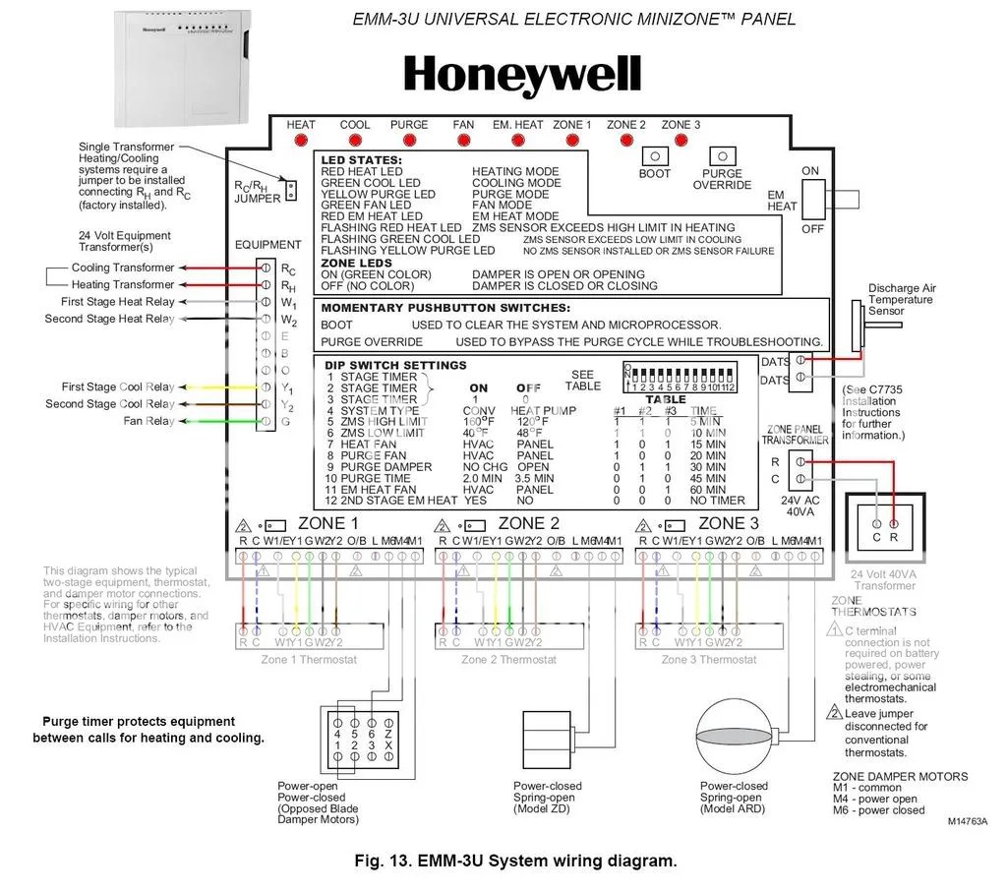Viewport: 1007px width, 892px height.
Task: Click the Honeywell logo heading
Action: pos(522,76)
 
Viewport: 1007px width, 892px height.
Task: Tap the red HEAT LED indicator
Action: pos(301,141)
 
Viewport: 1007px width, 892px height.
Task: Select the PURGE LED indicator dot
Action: pos(409,141)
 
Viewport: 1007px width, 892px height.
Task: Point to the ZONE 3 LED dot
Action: pos(681,141)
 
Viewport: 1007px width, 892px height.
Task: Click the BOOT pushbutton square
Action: pos(655,156)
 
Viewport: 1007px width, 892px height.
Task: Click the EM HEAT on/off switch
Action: pos(812,200)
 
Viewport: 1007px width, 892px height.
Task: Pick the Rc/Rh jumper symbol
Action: pos(289,190)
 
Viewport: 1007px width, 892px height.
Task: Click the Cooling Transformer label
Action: pos(123,268)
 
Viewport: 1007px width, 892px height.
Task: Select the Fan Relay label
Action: pos(148,421)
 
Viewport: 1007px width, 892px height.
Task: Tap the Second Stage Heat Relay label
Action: pos(109,319)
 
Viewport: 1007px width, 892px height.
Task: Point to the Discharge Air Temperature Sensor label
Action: pos(902,299)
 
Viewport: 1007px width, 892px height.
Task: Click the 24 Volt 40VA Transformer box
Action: pos(884,528)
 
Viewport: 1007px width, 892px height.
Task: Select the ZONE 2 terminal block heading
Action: pos(528,523)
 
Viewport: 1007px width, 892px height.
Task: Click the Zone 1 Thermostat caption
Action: pos(309,659)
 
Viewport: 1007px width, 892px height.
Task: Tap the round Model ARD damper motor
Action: pos(736,736)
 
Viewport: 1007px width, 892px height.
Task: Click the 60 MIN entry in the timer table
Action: pos(707,489)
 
